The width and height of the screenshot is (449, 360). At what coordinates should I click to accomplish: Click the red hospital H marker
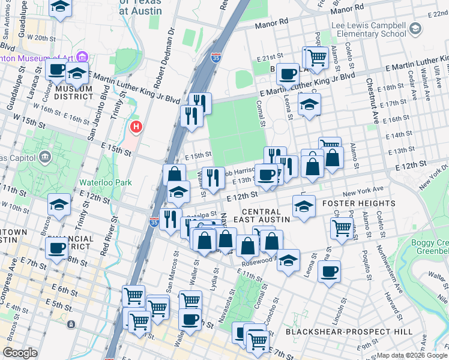[137, 127]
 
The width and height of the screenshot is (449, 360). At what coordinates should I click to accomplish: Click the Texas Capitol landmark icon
[44, 157]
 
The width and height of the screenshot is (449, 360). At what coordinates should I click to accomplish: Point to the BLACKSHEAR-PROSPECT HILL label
[349, 332]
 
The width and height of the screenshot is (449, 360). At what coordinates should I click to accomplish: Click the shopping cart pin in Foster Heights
[341, 227]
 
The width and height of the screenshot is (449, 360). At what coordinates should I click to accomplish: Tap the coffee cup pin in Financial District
[58, 247]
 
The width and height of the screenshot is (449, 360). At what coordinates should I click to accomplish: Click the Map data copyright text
[412, 355]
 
